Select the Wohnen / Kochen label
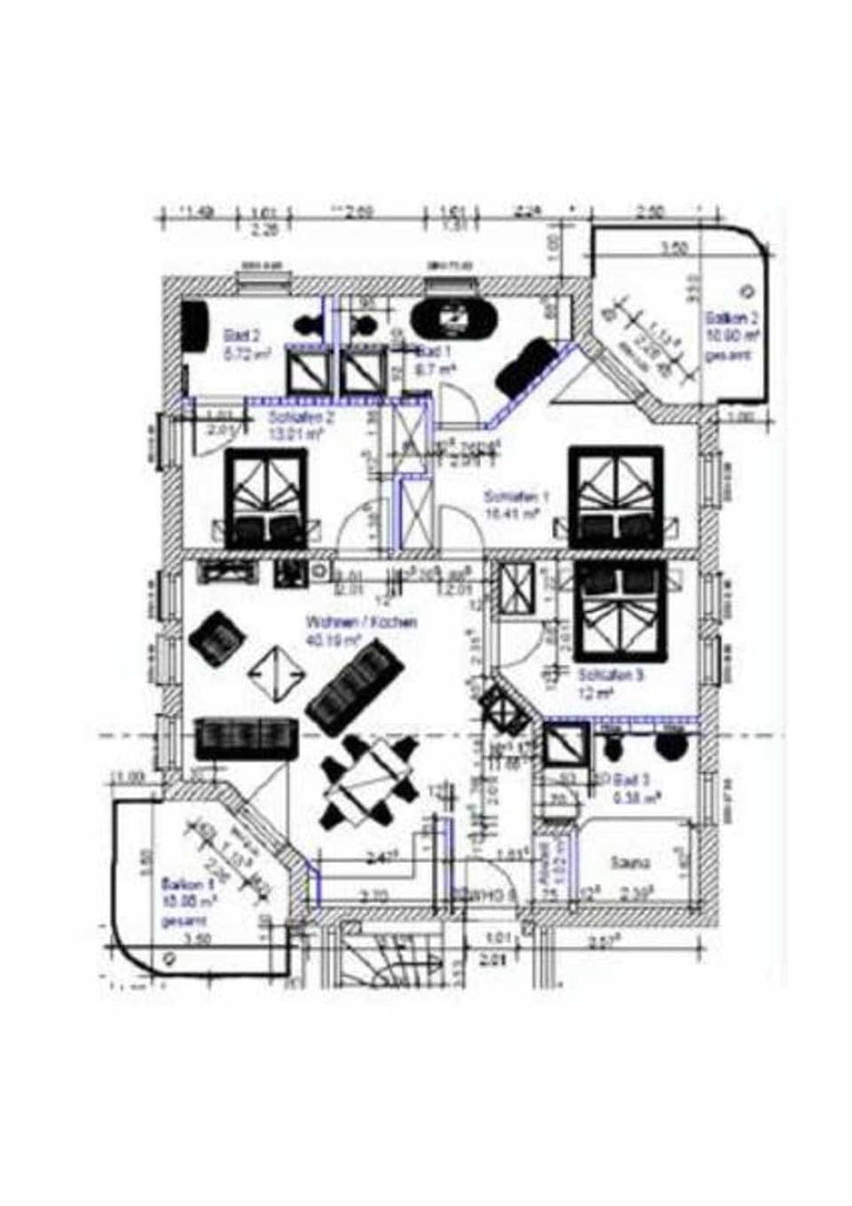click(x=360, y=629)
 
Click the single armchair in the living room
click(x=216, y=638)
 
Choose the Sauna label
click(x=630, y=861)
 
